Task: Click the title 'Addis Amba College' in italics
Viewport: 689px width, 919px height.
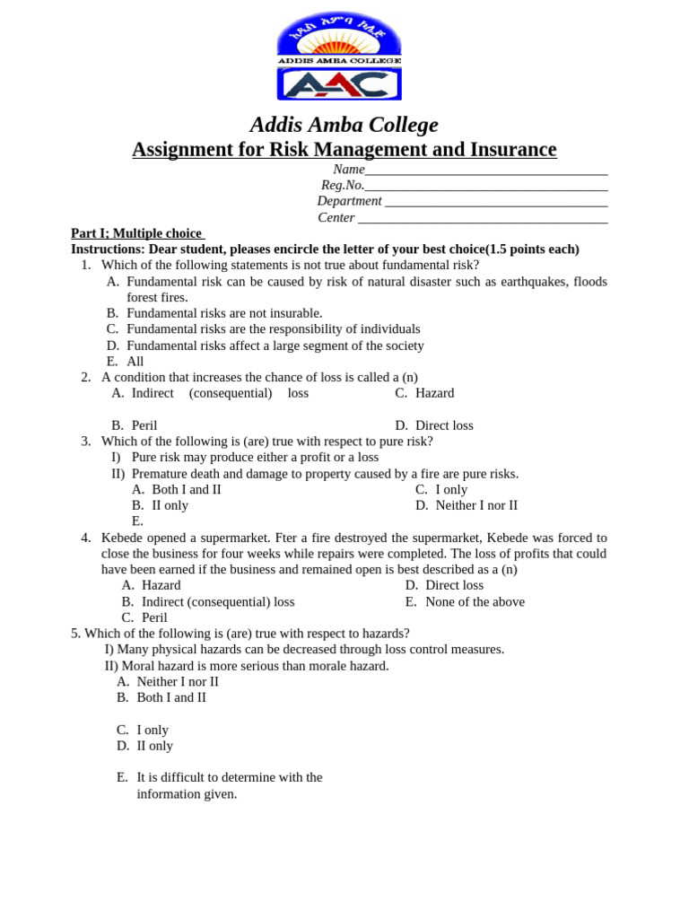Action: (344, 125)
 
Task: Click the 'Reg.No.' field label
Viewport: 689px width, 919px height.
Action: (342, 185)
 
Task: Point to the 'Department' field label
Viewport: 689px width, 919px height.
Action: (349, 201)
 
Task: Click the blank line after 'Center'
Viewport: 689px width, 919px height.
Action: (482, 217)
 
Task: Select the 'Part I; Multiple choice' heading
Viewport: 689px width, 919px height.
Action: (137, 233)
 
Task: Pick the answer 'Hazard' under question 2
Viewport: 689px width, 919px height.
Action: (434, 393)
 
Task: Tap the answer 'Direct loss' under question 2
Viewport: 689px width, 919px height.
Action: (444, 425)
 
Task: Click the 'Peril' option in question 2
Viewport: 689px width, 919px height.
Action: (144, 425)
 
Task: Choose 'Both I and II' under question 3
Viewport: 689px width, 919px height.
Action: (187, 489)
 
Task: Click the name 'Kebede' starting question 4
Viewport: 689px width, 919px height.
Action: (123, 538)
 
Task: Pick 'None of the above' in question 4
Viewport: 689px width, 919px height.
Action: (475, 601)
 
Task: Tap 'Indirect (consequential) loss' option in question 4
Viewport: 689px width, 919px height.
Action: (218, 601)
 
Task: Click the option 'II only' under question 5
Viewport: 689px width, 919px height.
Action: (154, 746)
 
